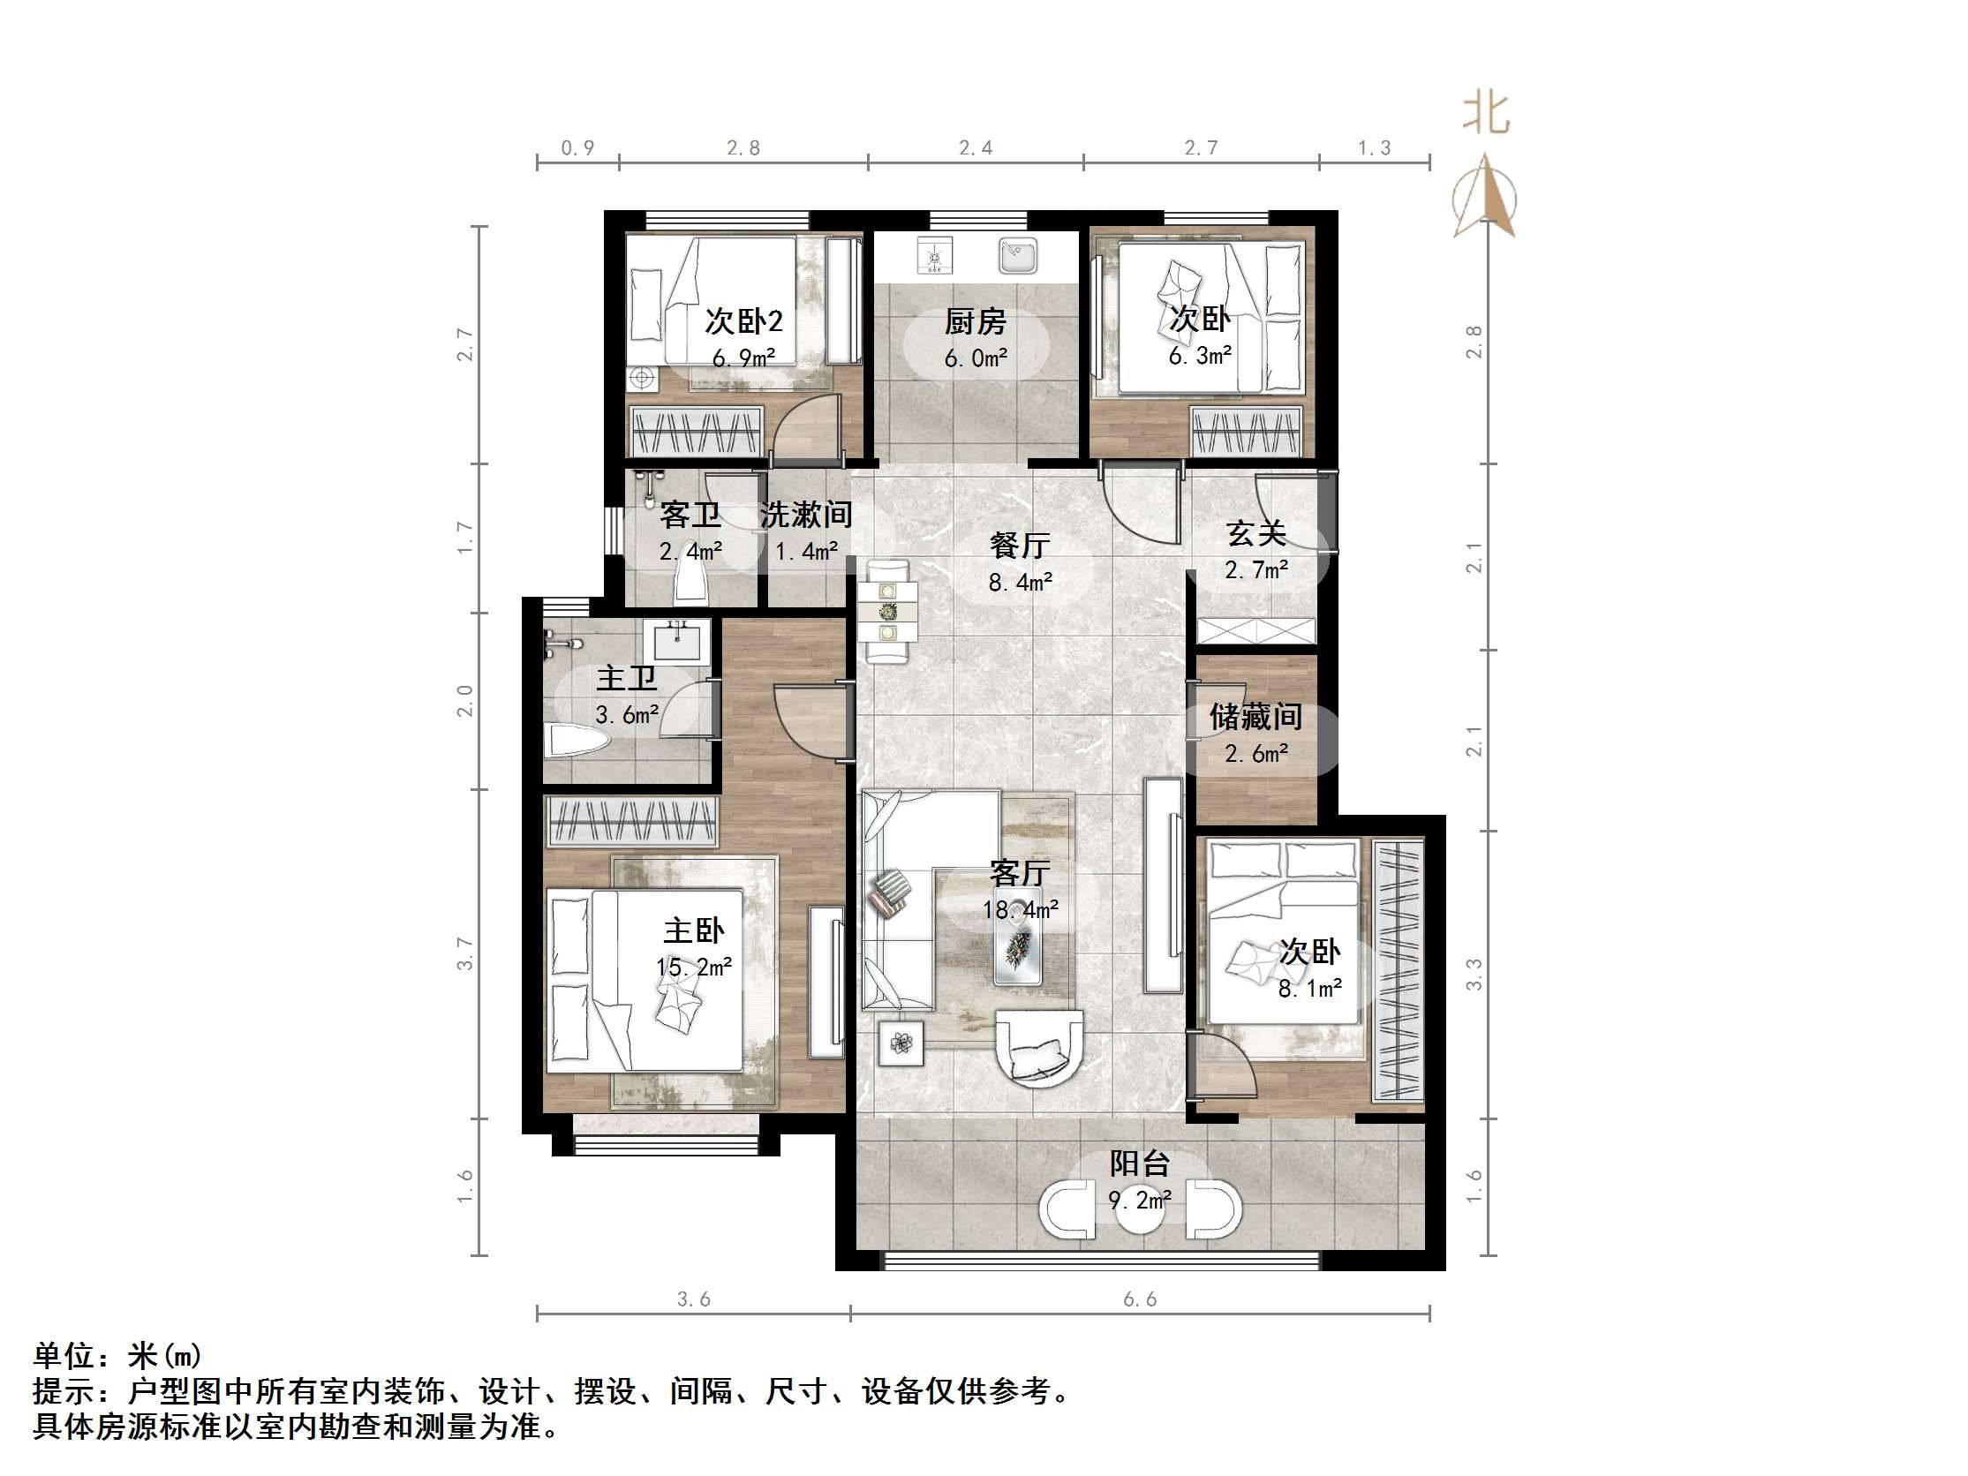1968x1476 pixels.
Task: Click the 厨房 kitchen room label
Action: pyautogui.click(x=975, y=321)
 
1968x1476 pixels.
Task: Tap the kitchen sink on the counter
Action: pyautogui.click(x=1017, y=255)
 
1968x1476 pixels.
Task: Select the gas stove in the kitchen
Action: pyautogui.click(x=934, y=256)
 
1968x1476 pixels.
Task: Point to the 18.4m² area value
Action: pyautogui.click(x=1020, y=909)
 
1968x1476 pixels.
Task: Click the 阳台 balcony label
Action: pyautogui.click(x=1139, y=1163)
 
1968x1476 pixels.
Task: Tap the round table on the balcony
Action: pyautogui.click(x=1140, y=1209)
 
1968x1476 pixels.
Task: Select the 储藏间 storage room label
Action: pyautogui.click(x=1255, y=716)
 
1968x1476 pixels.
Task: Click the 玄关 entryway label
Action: pyautogui.click(x=1255, y=533)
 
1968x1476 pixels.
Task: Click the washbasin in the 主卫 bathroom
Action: pyautogui.click(x=677, y=641)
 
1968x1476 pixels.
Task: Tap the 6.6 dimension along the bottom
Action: pyautogui.click(x=1140, y=1299)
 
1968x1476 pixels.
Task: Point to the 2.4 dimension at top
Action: pyautogui.click(x=975, y=148)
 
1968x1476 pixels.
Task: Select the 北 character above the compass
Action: pyautogui.click(x=1486, y=114)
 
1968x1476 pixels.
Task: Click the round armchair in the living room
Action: pyautogui.click(x=1038, y=1048)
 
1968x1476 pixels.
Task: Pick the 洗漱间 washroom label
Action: pyautogui.click(x=806, y=515)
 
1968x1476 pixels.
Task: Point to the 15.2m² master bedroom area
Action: pyautogui.click(x=694, y=968)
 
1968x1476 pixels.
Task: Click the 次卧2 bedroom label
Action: pyautogui.click(x=743, y=321)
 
